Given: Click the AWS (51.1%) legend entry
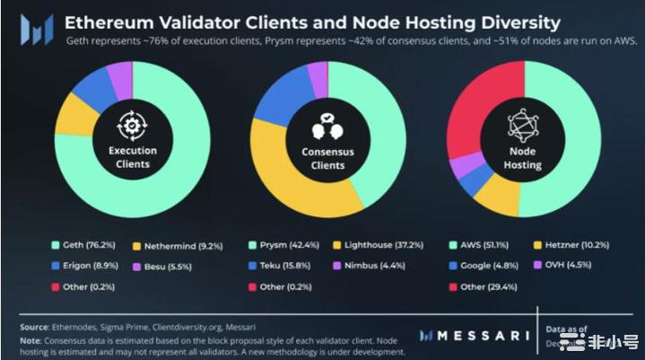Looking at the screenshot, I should point(477,244).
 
